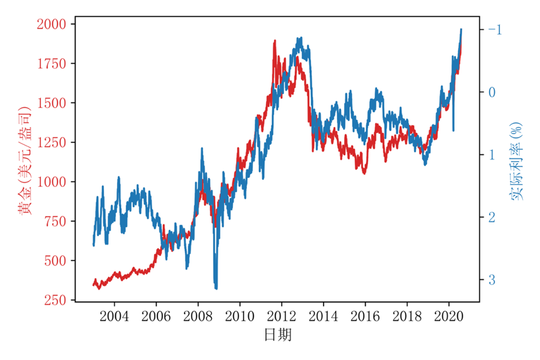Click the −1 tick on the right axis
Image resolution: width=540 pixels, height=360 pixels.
(x=494, y=30)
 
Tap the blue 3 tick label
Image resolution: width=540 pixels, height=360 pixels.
(x=491, y=280)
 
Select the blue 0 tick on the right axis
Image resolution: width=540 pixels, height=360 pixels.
(x=491, y=92)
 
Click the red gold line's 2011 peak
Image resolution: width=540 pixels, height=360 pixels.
(x=274, y=41)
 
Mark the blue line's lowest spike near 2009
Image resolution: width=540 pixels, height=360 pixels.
(x=216, y=288)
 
